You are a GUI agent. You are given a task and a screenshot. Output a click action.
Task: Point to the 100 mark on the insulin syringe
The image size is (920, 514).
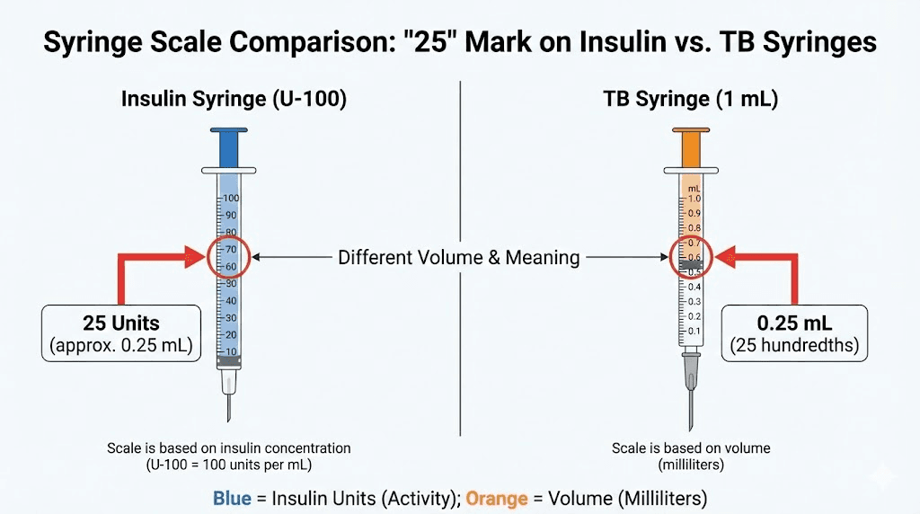tap(231, 198)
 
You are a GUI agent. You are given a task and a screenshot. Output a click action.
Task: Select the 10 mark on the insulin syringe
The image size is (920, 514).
tap(231, 350)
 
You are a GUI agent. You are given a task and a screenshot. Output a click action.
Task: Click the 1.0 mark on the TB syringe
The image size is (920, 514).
tap(694, 198)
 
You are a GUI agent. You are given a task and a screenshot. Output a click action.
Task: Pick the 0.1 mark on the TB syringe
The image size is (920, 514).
tap(694, 332)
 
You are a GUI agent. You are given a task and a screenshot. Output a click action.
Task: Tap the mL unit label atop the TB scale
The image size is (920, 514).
tap(694, 188)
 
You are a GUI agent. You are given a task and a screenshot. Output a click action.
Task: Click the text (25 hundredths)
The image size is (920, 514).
tap(794, 344)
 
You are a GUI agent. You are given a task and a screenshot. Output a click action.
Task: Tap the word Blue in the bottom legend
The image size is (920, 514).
tap(232, 498)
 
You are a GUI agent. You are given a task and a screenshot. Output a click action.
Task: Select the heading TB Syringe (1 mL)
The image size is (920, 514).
tap(690, 100)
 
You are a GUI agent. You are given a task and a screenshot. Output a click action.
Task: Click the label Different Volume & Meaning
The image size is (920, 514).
tap(458, 258)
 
